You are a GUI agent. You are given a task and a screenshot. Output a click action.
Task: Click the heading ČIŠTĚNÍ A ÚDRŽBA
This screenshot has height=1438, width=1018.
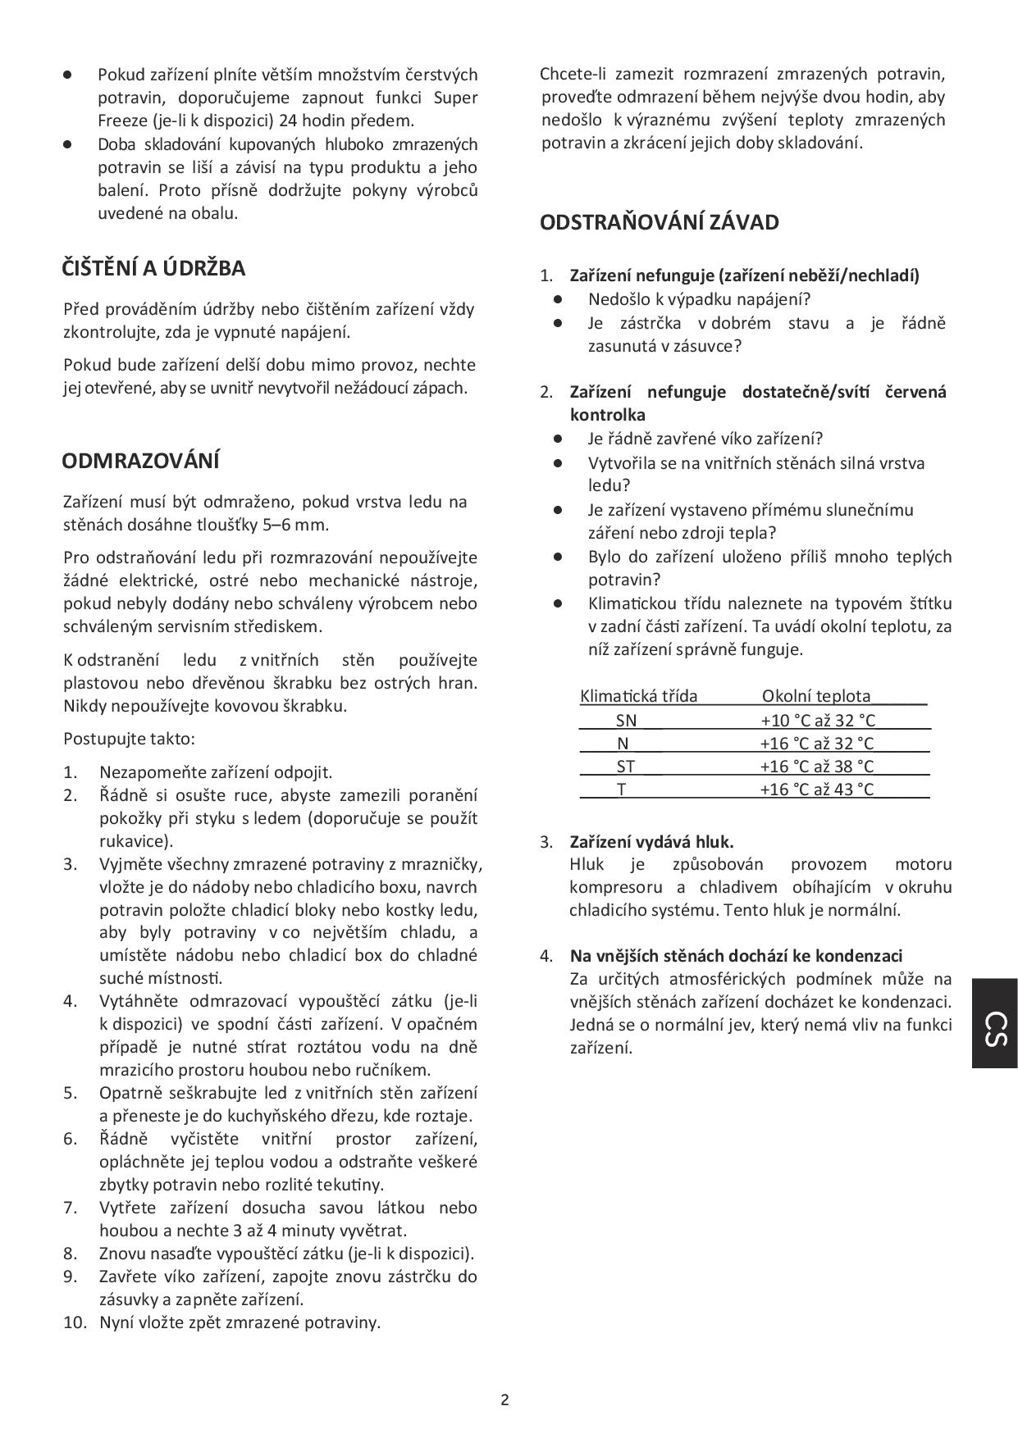(x=153, y=268)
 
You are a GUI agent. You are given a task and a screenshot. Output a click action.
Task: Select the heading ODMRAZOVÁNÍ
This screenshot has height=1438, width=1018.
(x=140, y=461)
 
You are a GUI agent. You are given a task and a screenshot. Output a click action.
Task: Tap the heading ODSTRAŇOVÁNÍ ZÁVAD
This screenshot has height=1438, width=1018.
(x=660, y=222)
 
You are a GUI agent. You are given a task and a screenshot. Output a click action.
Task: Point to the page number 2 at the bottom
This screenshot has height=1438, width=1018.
(x=504, y=1399)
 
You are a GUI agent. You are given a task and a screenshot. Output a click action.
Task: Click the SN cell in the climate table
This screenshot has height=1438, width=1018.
(x=626, y=721)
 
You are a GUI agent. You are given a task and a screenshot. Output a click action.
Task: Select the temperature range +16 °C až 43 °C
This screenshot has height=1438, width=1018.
(x=817, y=790)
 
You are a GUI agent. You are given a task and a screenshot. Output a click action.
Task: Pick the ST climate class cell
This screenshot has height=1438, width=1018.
(x=626, y=767)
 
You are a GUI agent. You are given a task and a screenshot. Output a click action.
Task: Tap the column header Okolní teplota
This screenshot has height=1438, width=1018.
(x=816, y=696)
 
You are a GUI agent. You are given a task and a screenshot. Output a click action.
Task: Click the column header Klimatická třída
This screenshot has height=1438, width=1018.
(x=638, y=696)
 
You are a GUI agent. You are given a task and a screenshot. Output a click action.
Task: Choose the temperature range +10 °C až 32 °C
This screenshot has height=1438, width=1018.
(x=818, y=721)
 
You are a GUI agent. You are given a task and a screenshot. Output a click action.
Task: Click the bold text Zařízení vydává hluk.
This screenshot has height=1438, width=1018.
(x=651, y=842)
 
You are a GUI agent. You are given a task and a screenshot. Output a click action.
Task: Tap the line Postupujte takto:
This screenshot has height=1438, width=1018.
(x=129, y=739)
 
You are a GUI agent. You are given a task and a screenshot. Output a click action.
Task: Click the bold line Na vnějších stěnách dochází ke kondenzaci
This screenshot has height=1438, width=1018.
(x=736, y=956)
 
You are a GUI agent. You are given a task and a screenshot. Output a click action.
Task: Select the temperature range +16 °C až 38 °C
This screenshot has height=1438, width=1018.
(x=817, y=767)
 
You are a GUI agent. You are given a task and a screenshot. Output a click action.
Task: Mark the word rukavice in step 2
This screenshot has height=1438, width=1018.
(x=132, y=840)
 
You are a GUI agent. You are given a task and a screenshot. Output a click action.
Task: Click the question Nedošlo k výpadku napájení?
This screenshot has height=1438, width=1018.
(x=699, y=299)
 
